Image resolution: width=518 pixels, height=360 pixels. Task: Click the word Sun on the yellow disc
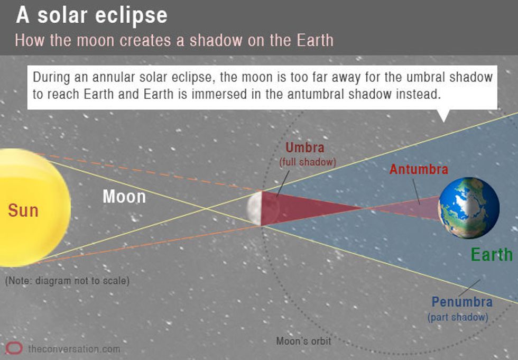click(23, 210)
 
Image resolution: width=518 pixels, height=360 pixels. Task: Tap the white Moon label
click(124, 197)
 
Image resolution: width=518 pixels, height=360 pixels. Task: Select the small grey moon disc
click(255, 208)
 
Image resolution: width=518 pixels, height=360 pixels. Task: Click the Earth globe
click(469, 208)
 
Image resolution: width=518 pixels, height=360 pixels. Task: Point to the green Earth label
click(492, 255)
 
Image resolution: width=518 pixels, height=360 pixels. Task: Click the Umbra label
click(305, 147)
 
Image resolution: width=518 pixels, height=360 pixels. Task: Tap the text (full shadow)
click(308, 162)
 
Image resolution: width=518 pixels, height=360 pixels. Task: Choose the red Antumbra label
click(419, 170)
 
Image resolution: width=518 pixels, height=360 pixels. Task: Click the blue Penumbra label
click(462, 302)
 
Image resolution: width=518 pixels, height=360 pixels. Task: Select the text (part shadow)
click(458, 317)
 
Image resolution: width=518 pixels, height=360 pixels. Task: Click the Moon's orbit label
click(303, 341)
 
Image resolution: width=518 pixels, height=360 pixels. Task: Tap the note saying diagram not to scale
click(68, 281)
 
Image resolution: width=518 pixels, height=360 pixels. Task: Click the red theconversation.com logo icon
click(14, 348)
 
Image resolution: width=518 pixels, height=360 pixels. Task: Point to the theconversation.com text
click(74, 349)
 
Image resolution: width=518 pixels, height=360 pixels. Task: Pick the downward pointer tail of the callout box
click(443, 115)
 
